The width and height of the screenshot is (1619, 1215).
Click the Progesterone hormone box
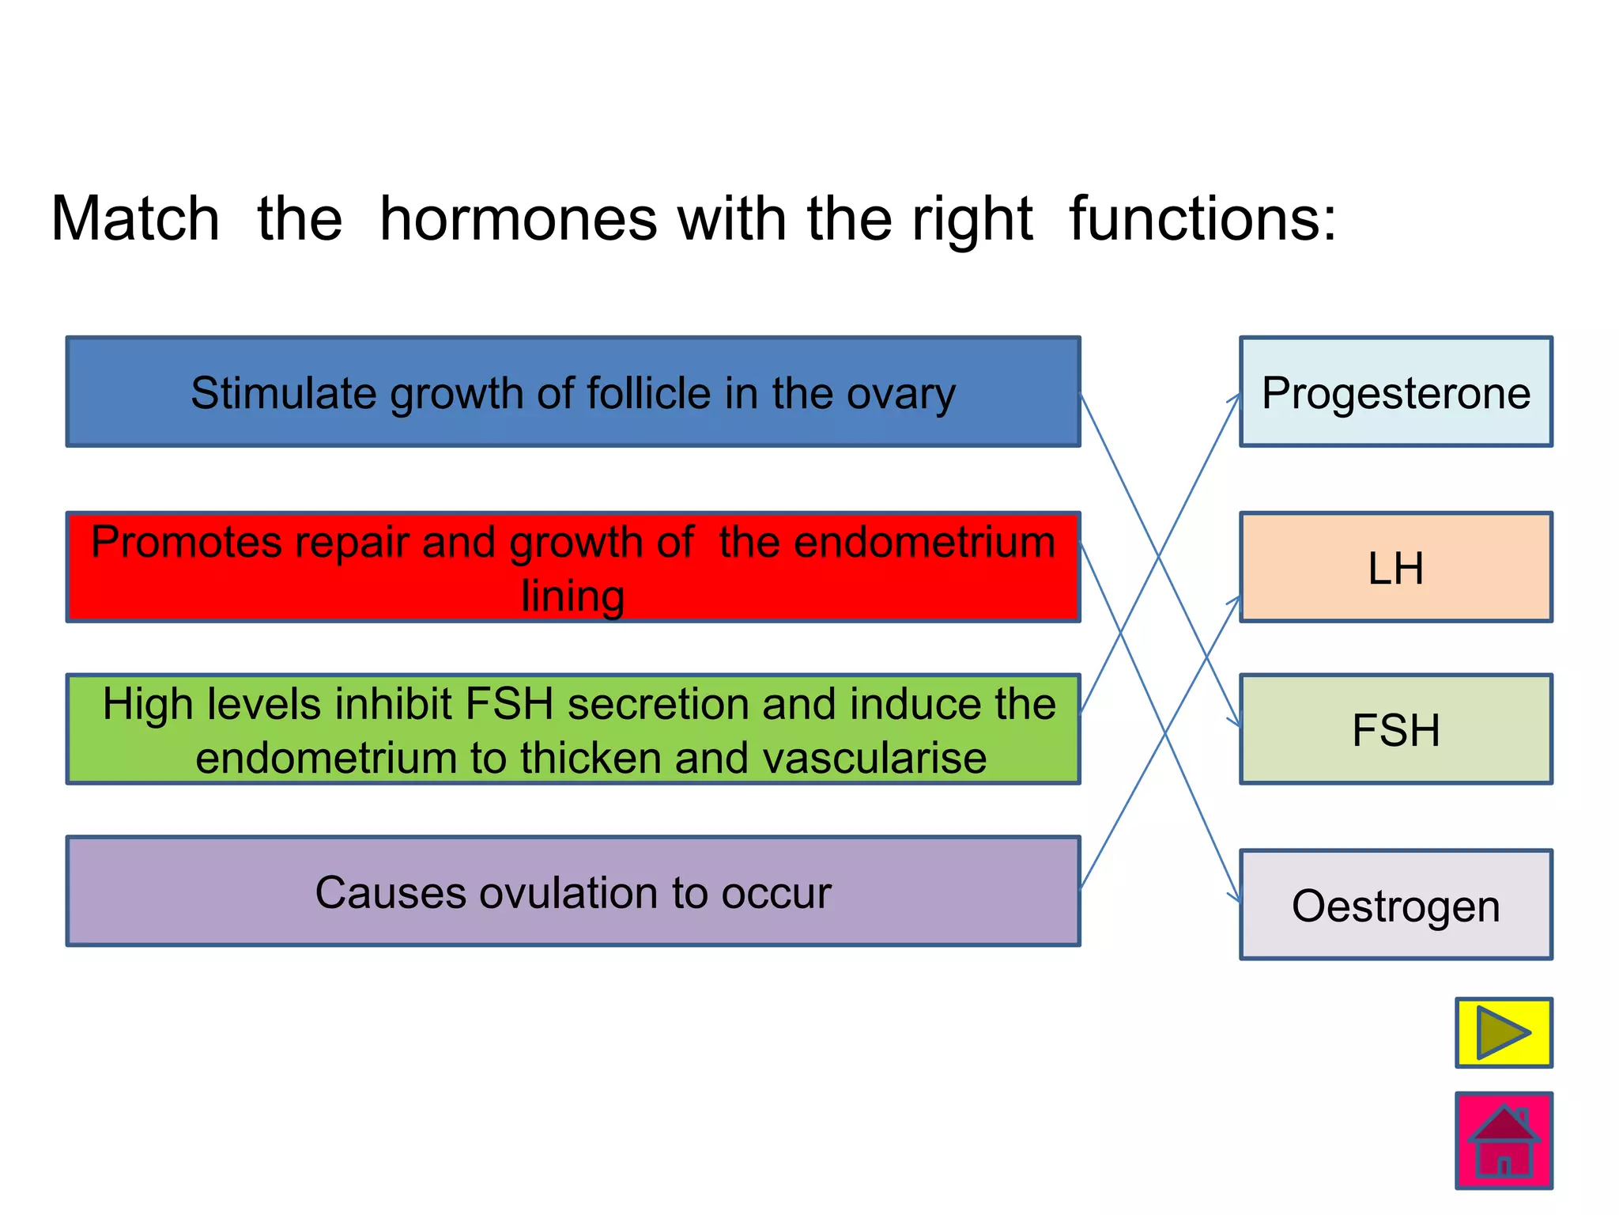pyautogui.click(x=1395, y=392)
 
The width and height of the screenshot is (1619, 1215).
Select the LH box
pyautogui.click(x=1395, y=567)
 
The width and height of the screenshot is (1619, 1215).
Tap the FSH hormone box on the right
pyautogui.click(x=1395, y=729)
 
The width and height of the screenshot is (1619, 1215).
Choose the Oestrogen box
pyautogui.click(x=1395, y=905)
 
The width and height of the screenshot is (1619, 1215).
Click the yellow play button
pyautogui.click(x=1504, y=1032)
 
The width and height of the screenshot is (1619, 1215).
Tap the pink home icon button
pyautogui.click(x=1504, y=1140)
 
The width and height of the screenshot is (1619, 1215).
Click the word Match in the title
pyautogui.click(x=135, y=218)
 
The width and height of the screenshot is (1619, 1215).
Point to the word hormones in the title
pyautogui.click(x=518, y=218)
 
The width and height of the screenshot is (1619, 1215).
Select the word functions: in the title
pyautogui.click(x=1202, y=218)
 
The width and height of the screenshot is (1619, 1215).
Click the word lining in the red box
pyautogui.click(x=573, y=596)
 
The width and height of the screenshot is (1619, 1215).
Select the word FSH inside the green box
pyautogui.click(x=509, y=704)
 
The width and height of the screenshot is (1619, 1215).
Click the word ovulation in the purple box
pyautogui.click(x=569, y=893)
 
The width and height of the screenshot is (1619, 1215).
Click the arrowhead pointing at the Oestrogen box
pyautogui.click(x=1236, y=898)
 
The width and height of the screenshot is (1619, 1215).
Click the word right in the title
pyautogui.click(x=972, y=218)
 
